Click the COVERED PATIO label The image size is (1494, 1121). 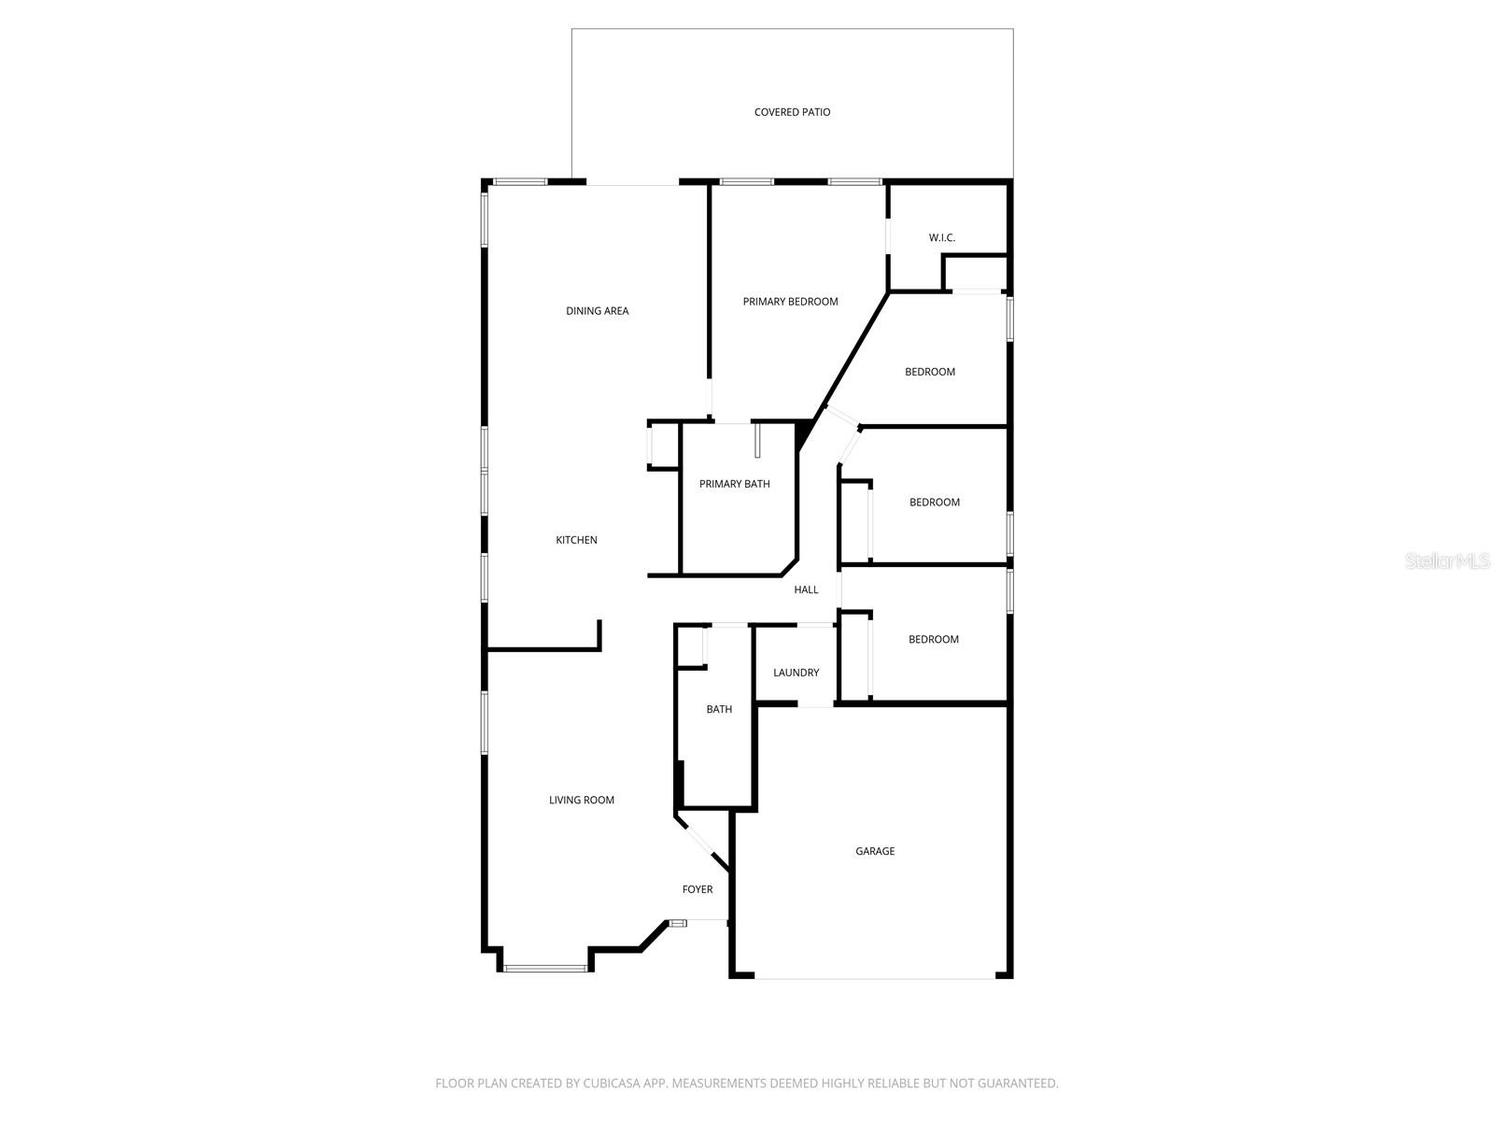(792, 112)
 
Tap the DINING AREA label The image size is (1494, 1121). (598, 311)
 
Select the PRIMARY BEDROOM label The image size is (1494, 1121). (790, 302)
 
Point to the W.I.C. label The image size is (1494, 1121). (941, 238)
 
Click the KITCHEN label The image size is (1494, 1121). (576, 540)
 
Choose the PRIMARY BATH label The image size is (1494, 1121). (735, 484)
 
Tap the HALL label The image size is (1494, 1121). (806, 589)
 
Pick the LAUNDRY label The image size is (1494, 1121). (796, 673)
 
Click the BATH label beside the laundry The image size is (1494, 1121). (719, 709)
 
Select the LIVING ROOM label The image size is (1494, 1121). (582, 800)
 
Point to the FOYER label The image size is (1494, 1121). (698, 889)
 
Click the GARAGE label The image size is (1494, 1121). (875, 851)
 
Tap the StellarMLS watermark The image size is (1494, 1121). (1447, 561)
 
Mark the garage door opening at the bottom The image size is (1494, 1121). (875, 977)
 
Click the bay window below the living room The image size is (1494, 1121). (546, 969)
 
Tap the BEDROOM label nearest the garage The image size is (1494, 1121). (934, 640)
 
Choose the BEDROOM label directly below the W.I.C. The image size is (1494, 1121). (930, 372)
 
